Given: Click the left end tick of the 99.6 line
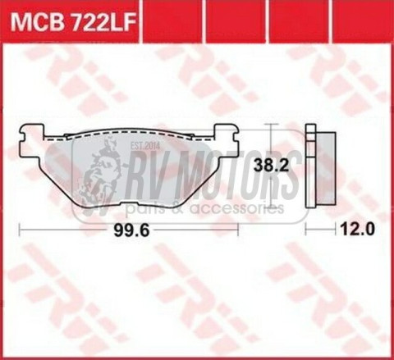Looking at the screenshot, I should click(20, 230).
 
